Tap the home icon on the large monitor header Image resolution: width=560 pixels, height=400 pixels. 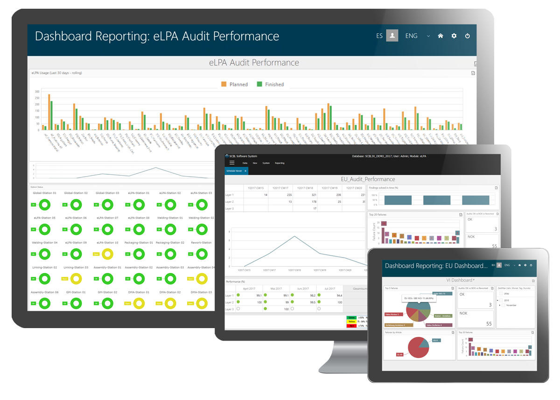click(440, 36)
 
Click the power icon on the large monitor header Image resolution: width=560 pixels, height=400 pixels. click(467, 36)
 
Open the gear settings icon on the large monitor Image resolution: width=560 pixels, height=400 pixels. click(454, 36)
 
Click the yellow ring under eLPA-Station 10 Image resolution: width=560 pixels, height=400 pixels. click(108, 254)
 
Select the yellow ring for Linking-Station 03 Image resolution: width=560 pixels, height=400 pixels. click(76, 279)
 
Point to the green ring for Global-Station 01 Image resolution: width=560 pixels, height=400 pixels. click(45, 204)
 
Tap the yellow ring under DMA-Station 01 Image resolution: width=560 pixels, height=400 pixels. click(139, 303)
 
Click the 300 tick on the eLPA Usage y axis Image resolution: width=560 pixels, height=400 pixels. click(37, 92)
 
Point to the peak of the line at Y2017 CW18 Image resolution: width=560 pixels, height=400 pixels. click(294, 236)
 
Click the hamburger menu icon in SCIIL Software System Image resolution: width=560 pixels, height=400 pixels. click(232, 163)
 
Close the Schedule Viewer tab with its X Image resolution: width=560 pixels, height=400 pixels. click(245, 171)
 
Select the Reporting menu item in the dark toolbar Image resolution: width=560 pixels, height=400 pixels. click(280, 163)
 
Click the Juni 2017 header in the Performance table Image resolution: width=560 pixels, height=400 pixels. click(303, 289)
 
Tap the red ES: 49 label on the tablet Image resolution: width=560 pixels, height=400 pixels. click(399, 355)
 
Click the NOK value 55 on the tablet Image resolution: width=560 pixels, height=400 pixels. click(489, 323)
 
